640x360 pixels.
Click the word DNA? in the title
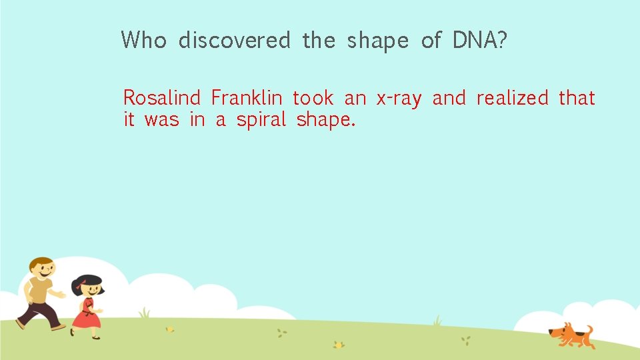(x=480, y=41)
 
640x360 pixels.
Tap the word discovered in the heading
(x=234, y=41)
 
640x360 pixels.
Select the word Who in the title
(x=143, y=41)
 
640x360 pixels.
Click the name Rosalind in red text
(x=161, y=99)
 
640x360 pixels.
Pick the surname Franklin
(x=246, y=99)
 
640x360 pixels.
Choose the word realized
(x=512, y=99)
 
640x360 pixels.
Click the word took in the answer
(x=313, y=99)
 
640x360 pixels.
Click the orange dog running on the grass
(x=570, y=335)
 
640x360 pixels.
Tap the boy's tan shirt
(x=41, y=291)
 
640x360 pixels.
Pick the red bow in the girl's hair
(x=79, y=287)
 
